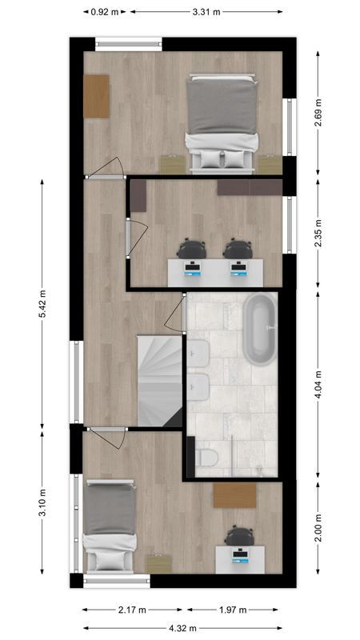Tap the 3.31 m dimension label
206,12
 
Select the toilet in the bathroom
206,457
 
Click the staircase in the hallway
160,380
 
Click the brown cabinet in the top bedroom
96,96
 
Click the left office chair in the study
192,249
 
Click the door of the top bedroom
106,169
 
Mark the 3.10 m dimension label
43,504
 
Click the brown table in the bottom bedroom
234,494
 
